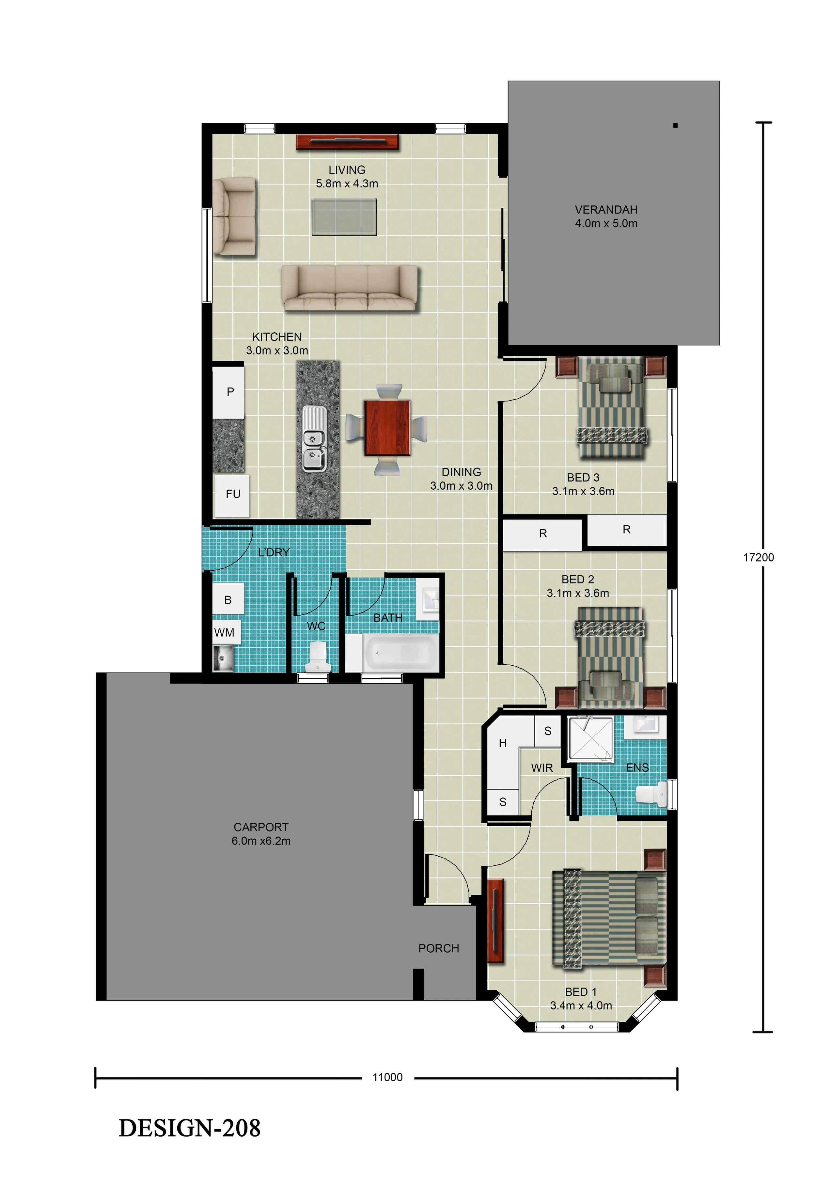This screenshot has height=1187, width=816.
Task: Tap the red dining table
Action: (387, 428)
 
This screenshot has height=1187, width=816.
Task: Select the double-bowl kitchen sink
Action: (314, 438)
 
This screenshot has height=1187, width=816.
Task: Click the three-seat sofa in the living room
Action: (350, 288)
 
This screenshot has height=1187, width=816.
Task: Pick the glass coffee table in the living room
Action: (344, 217)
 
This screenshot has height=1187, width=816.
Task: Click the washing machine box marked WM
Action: (224, 633)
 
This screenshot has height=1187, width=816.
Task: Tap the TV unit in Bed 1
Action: (495, 921)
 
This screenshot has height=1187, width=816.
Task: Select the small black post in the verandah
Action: (675, 125)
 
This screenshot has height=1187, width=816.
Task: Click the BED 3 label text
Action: (583, 477)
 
